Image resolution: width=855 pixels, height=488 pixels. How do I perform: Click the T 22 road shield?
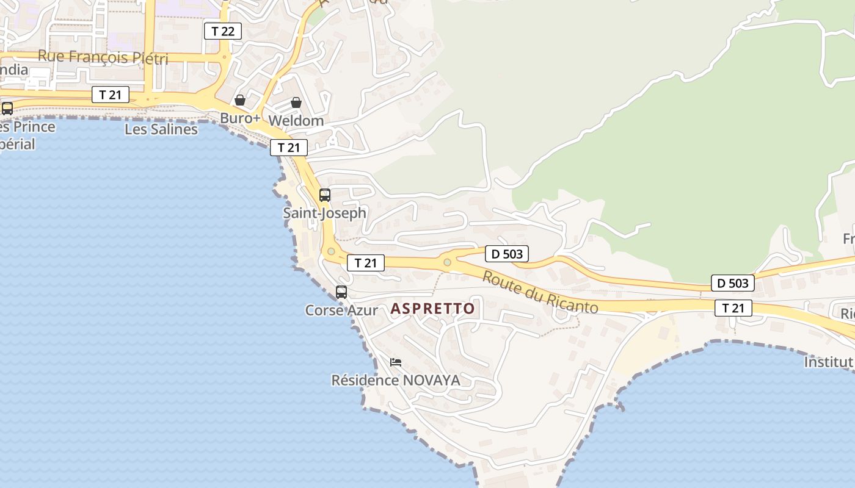point(222,31)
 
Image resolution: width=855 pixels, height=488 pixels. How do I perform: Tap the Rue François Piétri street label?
point(103,57)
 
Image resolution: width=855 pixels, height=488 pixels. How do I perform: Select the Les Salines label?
point(161,129)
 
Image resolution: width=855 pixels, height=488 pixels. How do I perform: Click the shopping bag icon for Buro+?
point(240,100)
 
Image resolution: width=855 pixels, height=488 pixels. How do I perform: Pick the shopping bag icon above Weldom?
point(296,102)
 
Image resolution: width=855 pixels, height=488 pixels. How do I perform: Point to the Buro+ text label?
point(240,118)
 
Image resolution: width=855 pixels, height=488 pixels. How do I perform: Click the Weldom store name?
point(296,120)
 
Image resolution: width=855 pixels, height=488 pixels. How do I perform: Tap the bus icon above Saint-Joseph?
point(325,195)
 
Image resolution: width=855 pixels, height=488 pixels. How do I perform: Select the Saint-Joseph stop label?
point(324,213)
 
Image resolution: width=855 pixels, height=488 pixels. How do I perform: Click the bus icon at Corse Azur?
point(341,292)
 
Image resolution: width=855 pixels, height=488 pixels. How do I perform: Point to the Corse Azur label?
point(341,310)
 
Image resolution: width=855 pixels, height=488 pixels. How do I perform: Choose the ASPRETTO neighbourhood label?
point(432,309)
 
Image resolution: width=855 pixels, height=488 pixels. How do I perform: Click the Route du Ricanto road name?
point(540,292)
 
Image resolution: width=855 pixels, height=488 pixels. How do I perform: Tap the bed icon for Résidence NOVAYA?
point(396,362)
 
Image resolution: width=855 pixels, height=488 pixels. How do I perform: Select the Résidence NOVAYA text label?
point(395,381)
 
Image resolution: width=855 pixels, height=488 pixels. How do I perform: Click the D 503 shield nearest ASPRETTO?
point(507,254)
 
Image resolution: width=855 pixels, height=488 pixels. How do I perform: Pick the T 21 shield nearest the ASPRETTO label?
point(366,263)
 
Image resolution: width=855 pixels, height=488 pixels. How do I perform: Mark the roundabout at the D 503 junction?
point(447,262)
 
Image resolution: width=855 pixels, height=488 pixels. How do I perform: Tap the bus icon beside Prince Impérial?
point(7,109)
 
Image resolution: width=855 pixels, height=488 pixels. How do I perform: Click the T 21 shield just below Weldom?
point(289,147)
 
